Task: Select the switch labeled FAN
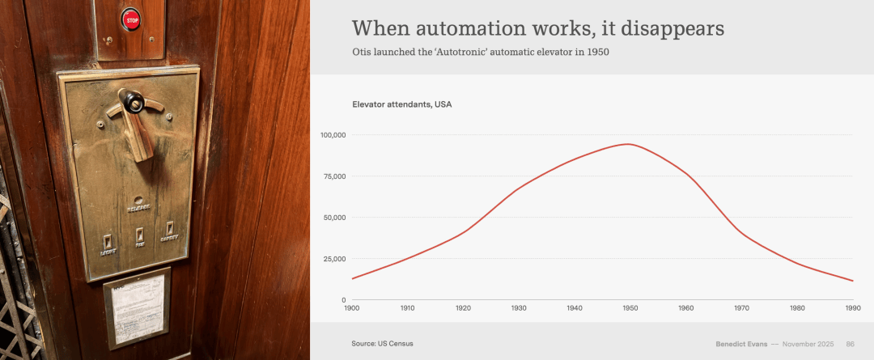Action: click(140, 236)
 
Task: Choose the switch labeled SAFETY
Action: click(171, 230)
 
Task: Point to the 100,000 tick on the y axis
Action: click(333, 135)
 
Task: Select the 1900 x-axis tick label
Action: click(351, 308)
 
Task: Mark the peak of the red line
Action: click(627, 144)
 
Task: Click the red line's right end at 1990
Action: click(853, 281)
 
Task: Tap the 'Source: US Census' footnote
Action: click(382, 344)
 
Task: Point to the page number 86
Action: click(850, 344)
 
